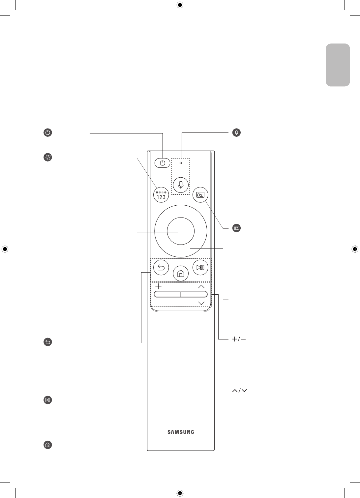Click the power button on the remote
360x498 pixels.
pyautogui.click(x=162, y=163)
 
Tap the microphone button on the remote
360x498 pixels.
pyautogui.click(x=181, y=185)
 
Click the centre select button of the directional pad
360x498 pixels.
pyautogui.click(x=180, y=231)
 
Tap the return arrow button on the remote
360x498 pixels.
pyautogui.click(x=162, y=268)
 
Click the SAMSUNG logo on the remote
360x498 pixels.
pyautogui.click(x=181, y=432)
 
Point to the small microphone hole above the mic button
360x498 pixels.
pyautogui.click(x=181, y=163)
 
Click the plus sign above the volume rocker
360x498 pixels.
pyautogui.click(x=158, y=286)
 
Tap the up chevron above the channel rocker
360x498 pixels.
pyautogui.click(x=201, y=287)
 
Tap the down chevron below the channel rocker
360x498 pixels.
pyautogui.click(x=201, y=303)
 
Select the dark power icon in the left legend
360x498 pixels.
pyautogui.click(x=48, y=133)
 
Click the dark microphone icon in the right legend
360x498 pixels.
pyautogui.click(x=236, y=132)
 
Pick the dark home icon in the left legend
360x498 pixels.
pyautogui.click(x=48, y=445)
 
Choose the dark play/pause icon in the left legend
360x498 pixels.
pyautogui.click(x=48, y=400)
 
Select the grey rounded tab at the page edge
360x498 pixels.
pyautogui.click(x=338, y=65)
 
